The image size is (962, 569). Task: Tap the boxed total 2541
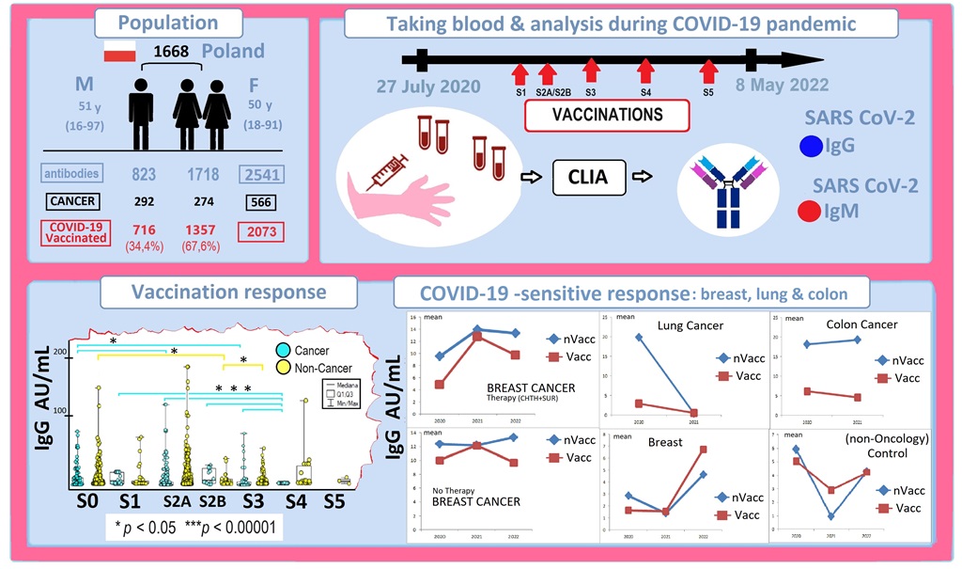[259, 174]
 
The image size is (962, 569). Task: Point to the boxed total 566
[259, 202]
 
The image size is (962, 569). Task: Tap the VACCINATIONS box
[607, 115]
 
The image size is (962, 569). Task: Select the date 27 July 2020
[428, 87]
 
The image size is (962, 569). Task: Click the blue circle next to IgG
[811, 146]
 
